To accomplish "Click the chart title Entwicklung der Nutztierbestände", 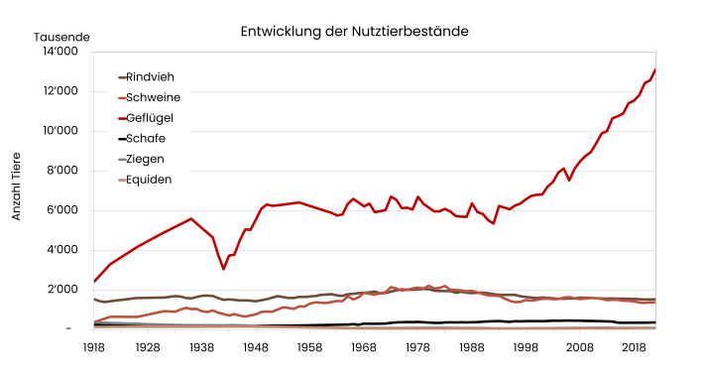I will (354, 32).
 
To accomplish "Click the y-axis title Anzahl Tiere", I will (16, 186).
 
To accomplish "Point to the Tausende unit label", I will (61, 37).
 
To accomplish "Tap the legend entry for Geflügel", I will (152, 118).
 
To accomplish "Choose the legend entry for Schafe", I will (146, 139).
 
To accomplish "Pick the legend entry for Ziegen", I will (146, 159).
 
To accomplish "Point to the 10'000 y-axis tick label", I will (62, 131).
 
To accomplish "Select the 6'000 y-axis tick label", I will (65, 210).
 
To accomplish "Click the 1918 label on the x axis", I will (94, 349).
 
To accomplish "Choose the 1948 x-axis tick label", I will (256, 349).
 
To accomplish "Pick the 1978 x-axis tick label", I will (417, 349).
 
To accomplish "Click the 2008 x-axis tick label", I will (579, 349).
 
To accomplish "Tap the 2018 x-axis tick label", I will (633, 349).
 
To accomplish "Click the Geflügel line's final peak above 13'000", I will (654, 70).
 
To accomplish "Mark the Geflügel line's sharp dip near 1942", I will (224, 268).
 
